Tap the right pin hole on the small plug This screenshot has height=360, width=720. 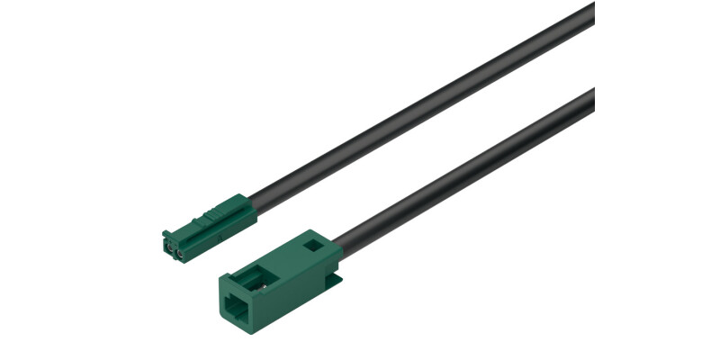tap(179, 255)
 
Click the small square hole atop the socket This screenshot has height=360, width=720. tap(312, 243)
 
